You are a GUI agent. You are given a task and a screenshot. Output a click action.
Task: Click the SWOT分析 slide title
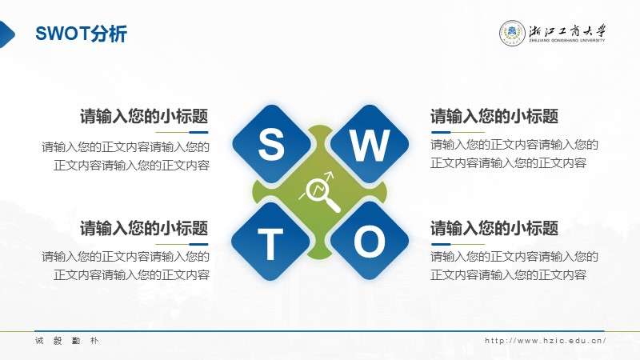coord(82,34)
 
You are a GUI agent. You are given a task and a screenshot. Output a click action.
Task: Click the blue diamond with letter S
coord(271,144)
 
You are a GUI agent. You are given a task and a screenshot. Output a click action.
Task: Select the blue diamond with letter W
coord(369,144)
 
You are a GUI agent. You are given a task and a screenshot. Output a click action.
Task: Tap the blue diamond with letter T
coord(270,242)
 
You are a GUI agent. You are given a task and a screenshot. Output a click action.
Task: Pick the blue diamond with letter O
coord(370,242)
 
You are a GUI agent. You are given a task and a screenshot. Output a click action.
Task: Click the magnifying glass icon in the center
coord(321,192)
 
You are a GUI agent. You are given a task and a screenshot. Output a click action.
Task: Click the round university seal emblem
coord(512,33)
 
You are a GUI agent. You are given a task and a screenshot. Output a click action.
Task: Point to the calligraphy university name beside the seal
coord(568,30)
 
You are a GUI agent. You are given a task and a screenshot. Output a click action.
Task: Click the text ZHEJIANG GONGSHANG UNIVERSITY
coord(567,41)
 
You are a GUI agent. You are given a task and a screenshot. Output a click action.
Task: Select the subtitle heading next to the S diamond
coord(144,116)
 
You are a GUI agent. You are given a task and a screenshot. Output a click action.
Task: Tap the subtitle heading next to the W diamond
coord(494,116)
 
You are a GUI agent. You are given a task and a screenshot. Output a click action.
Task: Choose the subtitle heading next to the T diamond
coord(144,228)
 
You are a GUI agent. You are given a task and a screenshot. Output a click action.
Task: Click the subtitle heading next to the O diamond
coord(494,228)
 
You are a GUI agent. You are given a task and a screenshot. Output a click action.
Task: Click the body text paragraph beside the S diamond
coord(126,156)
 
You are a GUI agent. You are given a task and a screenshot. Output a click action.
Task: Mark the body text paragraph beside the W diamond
coord(514,154)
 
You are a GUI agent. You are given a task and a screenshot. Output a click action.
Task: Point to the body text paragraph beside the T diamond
coord(126,266)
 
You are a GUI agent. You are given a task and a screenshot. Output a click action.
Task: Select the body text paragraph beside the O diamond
coord(514,266)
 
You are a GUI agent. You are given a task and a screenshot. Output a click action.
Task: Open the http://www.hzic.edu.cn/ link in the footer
coord(546,341)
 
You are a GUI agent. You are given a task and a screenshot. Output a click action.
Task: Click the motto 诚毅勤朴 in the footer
coord(66,341)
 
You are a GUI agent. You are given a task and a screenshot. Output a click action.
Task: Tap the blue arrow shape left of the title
coord(7,34)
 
